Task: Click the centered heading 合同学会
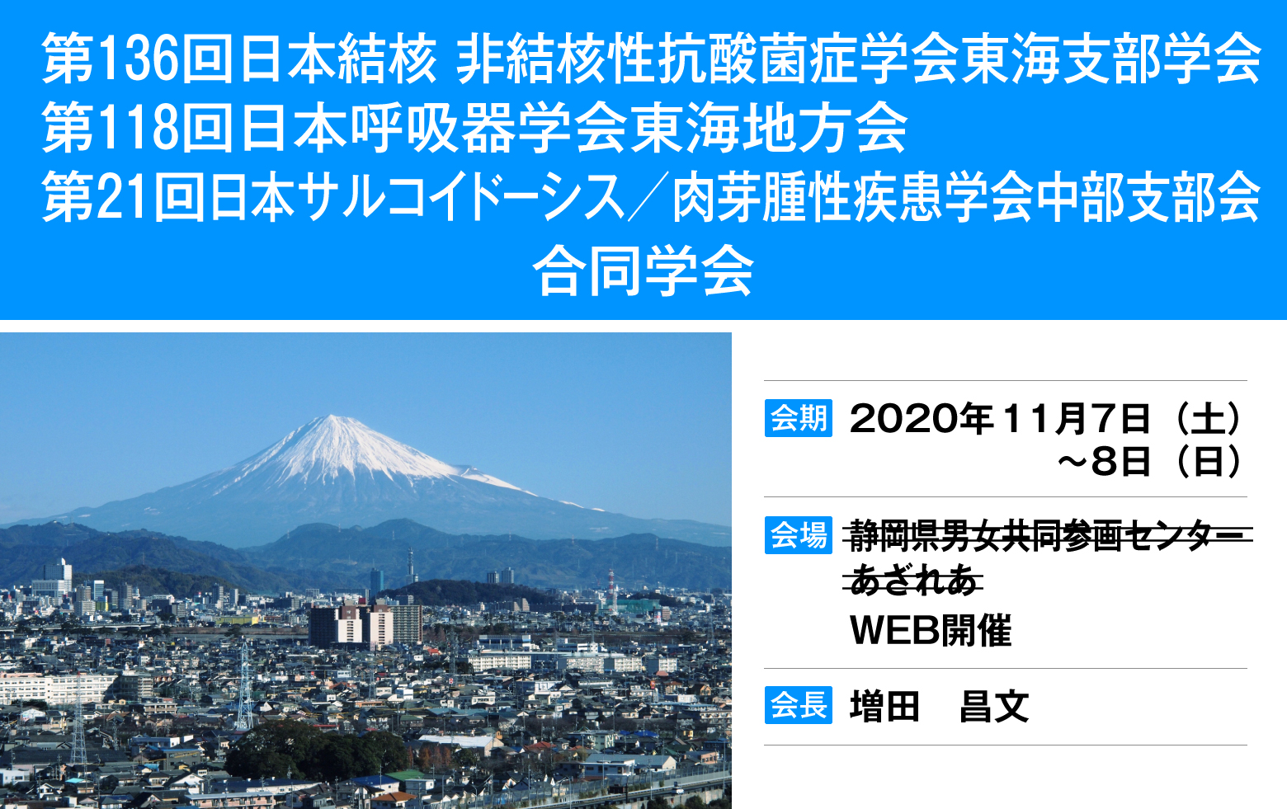(x=643, y=271)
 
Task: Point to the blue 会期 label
(x=798, y=418)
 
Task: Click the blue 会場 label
(x=798, y=535)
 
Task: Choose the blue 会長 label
(x=798, y=705)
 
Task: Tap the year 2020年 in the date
(x=922, y=419)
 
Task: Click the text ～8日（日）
(x=1150, y=461)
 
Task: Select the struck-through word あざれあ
(x=913, y=579)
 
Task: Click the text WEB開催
(x=931, y=630)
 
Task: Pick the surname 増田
(x=884, y=706)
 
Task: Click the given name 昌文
(x=994, y=706)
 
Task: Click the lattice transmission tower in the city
(x=245, y=685)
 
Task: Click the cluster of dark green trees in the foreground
(x=315, y=750)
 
